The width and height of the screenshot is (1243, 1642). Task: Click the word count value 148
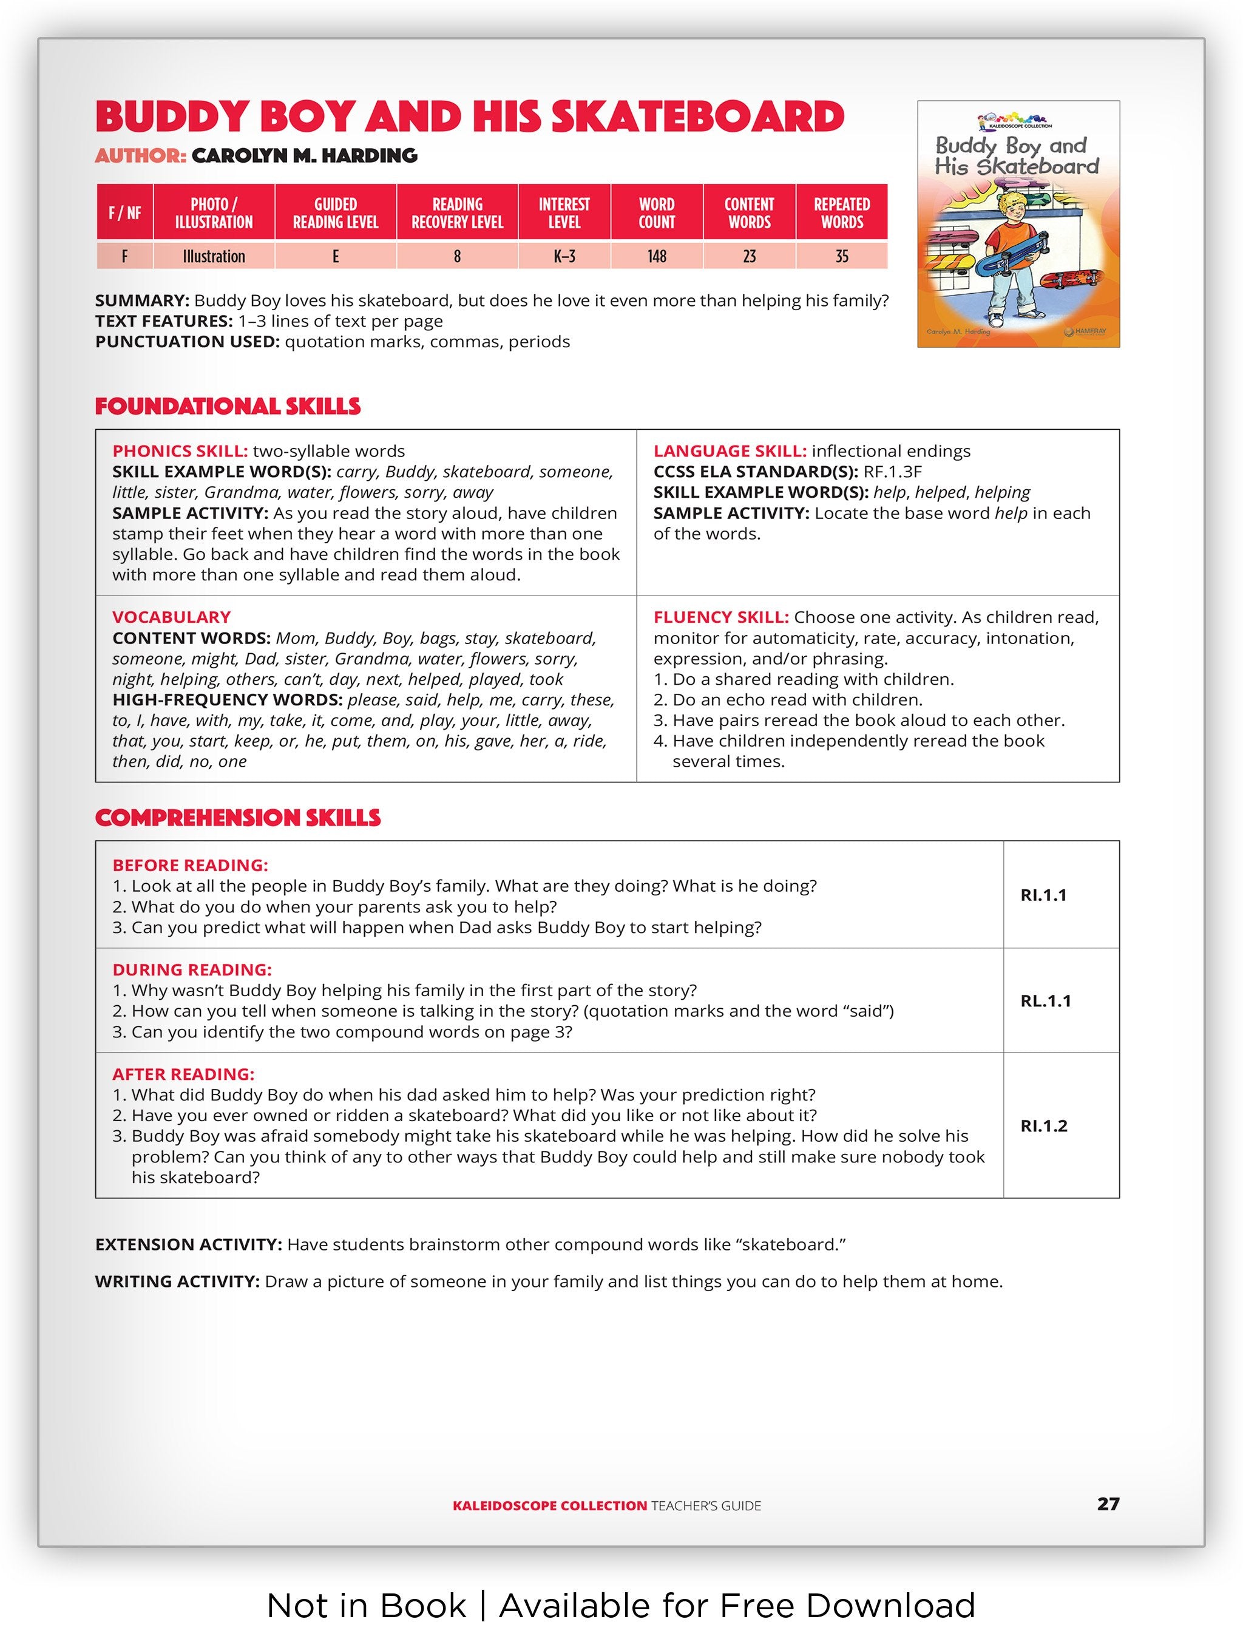(x=657, y=256)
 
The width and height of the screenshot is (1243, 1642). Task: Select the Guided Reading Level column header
(x=336, y=213)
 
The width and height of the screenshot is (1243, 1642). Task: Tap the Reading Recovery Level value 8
(x=457, y=256)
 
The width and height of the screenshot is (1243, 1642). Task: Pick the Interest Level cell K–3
(x=564, y=256)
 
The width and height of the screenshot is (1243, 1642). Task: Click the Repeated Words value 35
(x=842, y=256)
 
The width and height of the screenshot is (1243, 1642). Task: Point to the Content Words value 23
(x=750, y=256)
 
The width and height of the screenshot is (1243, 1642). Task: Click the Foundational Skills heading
(x=227, y=406)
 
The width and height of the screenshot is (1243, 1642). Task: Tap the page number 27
(x=1107, y=1504)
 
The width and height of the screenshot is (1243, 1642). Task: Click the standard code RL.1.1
(x=1046, y=1000)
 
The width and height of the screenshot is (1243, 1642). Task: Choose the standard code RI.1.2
(x=1043, y=1125)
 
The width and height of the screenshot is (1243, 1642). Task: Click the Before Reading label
(x=190, y=865)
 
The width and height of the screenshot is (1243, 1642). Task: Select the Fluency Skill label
(x=720, y=617)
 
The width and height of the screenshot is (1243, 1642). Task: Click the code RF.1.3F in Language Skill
(x=893, y=472)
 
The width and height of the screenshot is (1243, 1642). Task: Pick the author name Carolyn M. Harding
(x=304, y=155)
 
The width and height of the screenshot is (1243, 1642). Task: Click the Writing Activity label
(x=177, y=1281)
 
